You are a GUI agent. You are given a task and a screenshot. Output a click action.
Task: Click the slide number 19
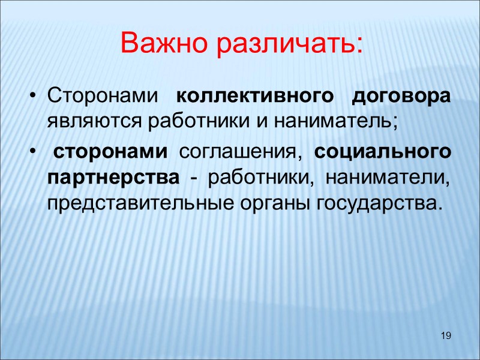click(x=445, y=335)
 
